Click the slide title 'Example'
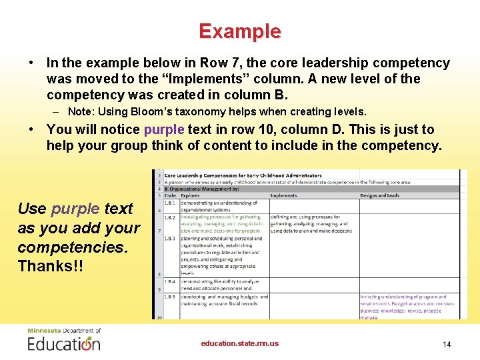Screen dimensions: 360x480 coord(239,31)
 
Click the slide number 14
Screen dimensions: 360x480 coord(447,344)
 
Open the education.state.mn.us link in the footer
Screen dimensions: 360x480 coord(240,344)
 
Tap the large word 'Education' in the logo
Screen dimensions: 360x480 coord(64,344)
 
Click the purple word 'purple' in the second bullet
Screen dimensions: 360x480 coord(164,129)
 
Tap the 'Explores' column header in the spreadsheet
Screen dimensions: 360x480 coord(190,196)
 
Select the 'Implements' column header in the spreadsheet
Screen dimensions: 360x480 coord(284,196)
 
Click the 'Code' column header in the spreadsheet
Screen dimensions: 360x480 coord(170,196)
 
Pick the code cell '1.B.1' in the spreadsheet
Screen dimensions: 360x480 coord(170,203)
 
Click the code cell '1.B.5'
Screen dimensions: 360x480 coord(170,297)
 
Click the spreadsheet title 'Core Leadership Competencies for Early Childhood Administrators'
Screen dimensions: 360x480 coord(243,175)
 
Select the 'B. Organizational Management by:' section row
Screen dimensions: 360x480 coord(207,189)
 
